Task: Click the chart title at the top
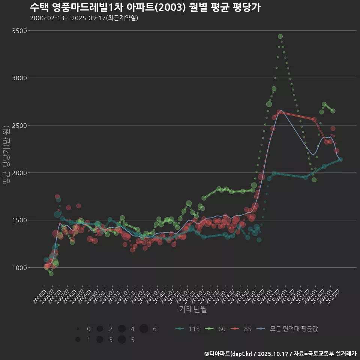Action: click(145, 7)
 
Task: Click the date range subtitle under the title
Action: click(84, 18)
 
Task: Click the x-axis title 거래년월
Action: click(193, 309)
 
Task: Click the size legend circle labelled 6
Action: click(144, 329)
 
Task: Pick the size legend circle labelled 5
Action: click(122, 340)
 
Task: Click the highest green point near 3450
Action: click(280, 36)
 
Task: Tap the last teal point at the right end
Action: click(340, 159)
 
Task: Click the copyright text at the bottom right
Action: click(280, 353)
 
